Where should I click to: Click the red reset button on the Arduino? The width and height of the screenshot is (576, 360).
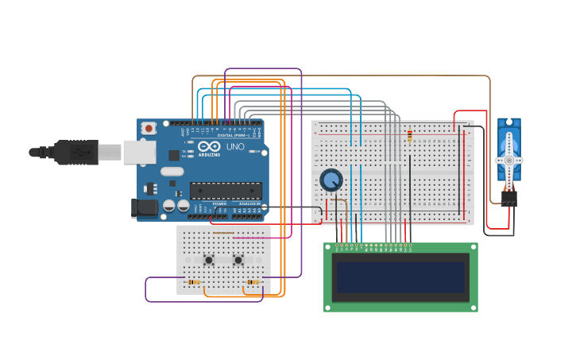(x=149, y=127)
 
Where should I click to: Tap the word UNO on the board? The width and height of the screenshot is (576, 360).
(x=235, y=147)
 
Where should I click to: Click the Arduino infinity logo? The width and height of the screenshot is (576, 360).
(x=209, y=147)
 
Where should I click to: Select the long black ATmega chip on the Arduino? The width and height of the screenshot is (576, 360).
(x=226, y=191)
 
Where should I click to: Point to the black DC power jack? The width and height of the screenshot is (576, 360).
(x=145, y=207)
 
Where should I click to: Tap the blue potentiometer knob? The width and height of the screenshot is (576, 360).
(x=331, y=181)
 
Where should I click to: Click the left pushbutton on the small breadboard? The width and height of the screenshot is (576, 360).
(x=209, y=260)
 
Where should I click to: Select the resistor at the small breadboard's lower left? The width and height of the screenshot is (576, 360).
(x=193, y=282)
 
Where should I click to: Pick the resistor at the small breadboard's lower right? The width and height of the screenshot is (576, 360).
(x=253, y=282)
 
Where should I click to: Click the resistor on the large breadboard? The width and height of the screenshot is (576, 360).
(x=409, y=137)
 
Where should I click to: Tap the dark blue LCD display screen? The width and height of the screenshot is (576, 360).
(x=400, y=277)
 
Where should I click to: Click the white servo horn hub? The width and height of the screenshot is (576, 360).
(x=508, y=160)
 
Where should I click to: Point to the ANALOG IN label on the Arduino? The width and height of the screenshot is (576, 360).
(x=249, y=204)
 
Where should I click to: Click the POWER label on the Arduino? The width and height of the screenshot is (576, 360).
(x=218, y=204)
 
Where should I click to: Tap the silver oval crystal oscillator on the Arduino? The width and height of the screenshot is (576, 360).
(x=172, y=171)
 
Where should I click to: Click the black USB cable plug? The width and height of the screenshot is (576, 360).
(x=76, y=152)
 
